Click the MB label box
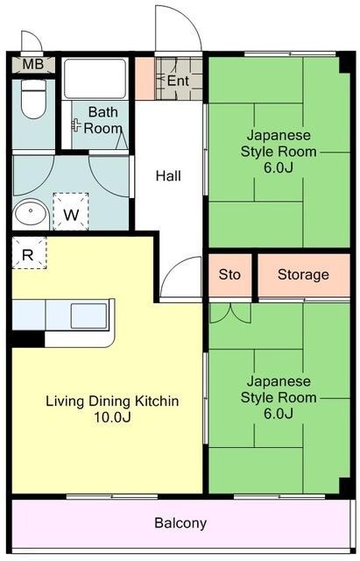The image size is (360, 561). click(x=33, y=65)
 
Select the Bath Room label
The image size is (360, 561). click(x=103, y=120)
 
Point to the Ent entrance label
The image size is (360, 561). click(x=178, y=81)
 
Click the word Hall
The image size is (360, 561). click(x=168, y=176)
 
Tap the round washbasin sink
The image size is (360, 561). click(x=32, y=213)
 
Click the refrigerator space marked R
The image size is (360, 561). click(x=28, y=255)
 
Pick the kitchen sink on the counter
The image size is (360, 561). click(x=88, y=313)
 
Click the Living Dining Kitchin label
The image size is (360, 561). click(x=112, y=401)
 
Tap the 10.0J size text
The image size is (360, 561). click(x=112, y=417)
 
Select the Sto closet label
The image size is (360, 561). click(x=229, y=274)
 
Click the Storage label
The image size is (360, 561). click(x=303, y=274)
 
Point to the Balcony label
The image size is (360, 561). click(x=180, y=523)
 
